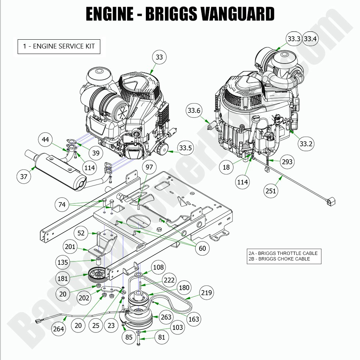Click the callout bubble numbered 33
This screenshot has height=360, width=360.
point(159,57)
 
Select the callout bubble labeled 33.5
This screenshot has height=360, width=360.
point(185,148)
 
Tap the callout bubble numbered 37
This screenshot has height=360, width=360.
point(24,177)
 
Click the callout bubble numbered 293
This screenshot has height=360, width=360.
point(287,161)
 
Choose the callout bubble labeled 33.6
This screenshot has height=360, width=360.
point(194,110)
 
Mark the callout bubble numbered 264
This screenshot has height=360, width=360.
point(58,329)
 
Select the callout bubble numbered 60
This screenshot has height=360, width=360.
point(202,248)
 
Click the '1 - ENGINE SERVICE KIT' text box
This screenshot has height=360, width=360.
point(59,46)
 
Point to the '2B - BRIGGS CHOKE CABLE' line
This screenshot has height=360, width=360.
point(279,259)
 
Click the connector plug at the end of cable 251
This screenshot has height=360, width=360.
point(332,202)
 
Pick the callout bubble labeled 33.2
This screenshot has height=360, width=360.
point(306,144)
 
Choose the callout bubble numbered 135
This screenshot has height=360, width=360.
point(63,262)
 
